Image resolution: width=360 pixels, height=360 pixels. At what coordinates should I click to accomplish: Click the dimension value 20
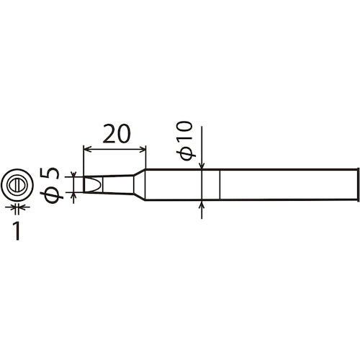tap(116, 135)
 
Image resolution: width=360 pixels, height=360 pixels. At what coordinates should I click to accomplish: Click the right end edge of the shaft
tap(358, 185)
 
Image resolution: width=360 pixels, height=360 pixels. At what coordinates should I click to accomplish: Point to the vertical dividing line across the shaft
tap(218, 185)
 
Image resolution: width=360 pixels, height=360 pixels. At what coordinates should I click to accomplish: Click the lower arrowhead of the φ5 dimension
tap(75, 195)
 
